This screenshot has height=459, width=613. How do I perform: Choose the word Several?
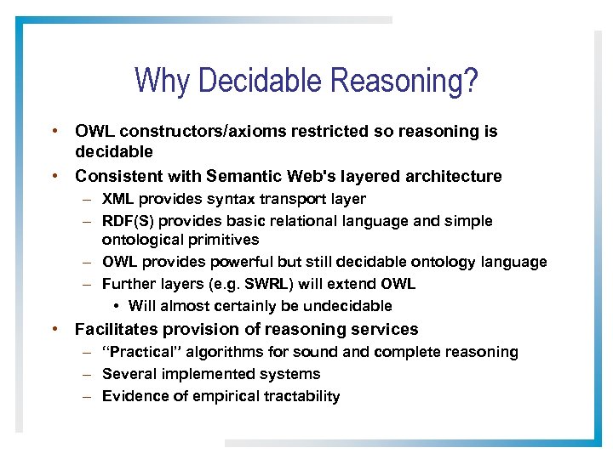pos(129,374)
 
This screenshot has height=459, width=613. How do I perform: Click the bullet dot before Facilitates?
pos(54,329)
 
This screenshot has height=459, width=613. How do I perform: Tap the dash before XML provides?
pos(88,200)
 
